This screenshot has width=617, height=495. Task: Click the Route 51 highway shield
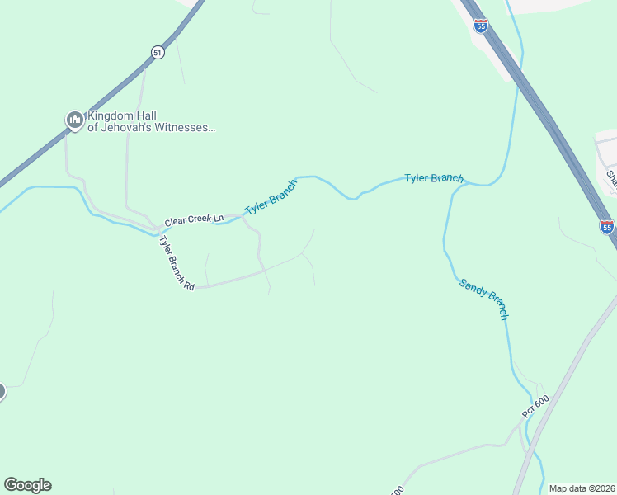[x=158, y=52]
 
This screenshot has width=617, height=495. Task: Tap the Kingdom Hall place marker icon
[x=75, y=120]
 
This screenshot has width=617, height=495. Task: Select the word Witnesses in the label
[x=186, y=128]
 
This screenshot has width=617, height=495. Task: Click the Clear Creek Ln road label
[x=194, y=220]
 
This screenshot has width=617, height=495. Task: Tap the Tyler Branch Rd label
[x=177, y=262]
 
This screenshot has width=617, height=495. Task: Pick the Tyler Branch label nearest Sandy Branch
[x=433, y=178]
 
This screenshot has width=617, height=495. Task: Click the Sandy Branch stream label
[x=483, y=299]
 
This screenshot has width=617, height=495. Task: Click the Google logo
[x=27, y=485]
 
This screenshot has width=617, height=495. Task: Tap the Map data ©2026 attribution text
[x=581, y=488]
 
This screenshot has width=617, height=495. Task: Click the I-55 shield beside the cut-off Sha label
[x=607, y=226]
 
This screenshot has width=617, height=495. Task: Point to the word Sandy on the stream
[x=473, y=288]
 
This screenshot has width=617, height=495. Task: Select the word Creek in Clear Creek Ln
[x=199, y=219]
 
